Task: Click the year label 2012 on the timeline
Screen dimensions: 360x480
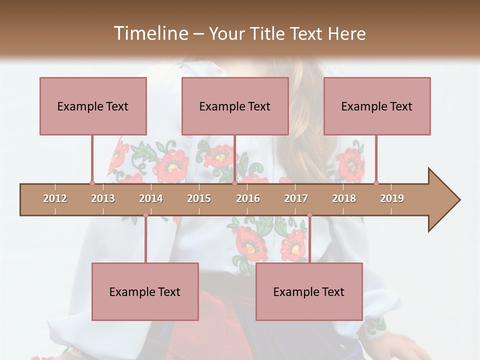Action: coord(55,198)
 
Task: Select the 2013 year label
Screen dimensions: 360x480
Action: coord(103,198)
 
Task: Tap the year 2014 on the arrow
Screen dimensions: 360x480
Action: coord(151,198)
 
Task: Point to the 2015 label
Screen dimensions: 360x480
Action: coord(199,198)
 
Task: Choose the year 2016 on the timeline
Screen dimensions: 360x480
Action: coord(248,198)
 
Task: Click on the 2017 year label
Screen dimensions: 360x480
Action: coord(296,198)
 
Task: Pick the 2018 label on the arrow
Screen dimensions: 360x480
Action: coord(344,198)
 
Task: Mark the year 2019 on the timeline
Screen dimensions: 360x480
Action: coord(392,198)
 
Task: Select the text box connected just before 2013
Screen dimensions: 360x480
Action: coord(93,106)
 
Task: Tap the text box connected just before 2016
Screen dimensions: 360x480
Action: coord(235,106)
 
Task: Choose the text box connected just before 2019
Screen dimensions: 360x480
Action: coord(377,106)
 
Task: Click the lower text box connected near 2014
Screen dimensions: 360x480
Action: coord(145,291)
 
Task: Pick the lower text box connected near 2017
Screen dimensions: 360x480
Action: coord(309,291)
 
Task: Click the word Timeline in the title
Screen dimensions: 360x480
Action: coord(150,33)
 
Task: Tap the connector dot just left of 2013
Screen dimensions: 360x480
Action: coord(92,183)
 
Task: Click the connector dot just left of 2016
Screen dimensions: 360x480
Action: coord(234,183)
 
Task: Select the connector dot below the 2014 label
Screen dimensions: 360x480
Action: coord(145,215)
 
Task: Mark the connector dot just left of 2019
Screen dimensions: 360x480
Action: coord(376,183)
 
